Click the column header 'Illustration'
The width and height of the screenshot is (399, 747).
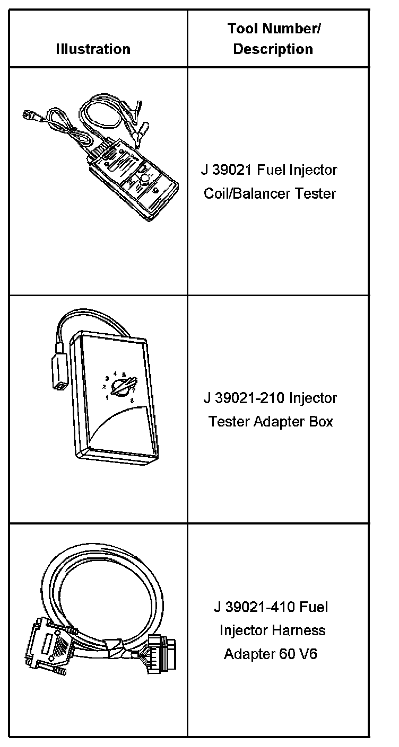[93, 49]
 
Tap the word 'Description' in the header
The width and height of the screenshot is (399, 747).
[273, 49]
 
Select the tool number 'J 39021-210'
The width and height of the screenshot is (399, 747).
[247, 398]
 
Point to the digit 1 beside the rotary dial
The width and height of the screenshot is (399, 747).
[107, 397]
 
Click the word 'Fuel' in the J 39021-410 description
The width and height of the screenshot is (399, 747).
[314, 607]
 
